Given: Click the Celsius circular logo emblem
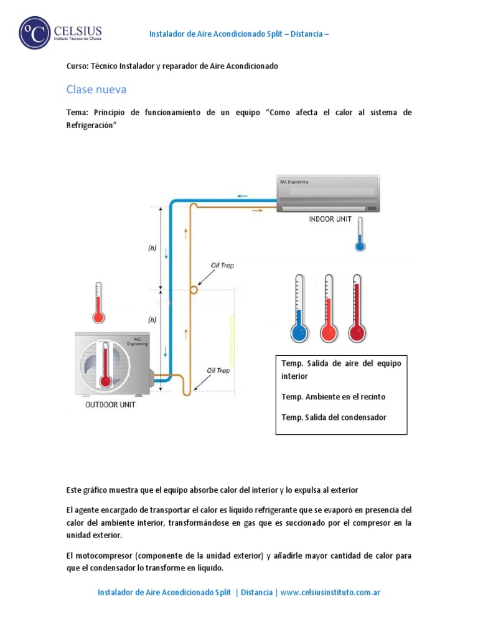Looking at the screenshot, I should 34,32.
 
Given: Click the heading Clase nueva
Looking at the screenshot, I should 96,90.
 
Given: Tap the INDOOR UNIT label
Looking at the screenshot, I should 330,219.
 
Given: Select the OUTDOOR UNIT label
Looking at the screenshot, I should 110,404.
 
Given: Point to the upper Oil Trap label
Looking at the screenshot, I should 222,266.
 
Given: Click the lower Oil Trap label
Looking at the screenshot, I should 218,370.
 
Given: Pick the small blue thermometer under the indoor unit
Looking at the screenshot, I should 359,237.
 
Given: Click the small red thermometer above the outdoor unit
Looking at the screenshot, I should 98,303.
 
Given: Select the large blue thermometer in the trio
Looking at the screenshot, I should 299,309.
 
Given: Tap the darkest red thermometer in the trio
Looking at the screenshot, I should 357,309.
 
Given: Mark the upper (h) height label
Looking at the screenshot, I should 152,248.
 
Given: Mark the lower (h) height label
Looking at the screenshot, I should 152,320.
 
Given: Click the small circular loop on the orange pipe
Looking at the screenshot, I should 194,290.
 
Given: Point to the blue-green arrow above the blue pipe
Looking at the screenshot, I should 242,196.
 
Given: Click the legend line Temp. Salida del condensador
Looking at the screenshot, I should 334,417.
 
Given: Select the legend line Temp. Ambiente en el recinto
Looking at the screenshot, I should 337,397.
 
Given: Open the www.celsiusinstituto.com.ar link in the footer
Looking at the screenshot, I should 330,592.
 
